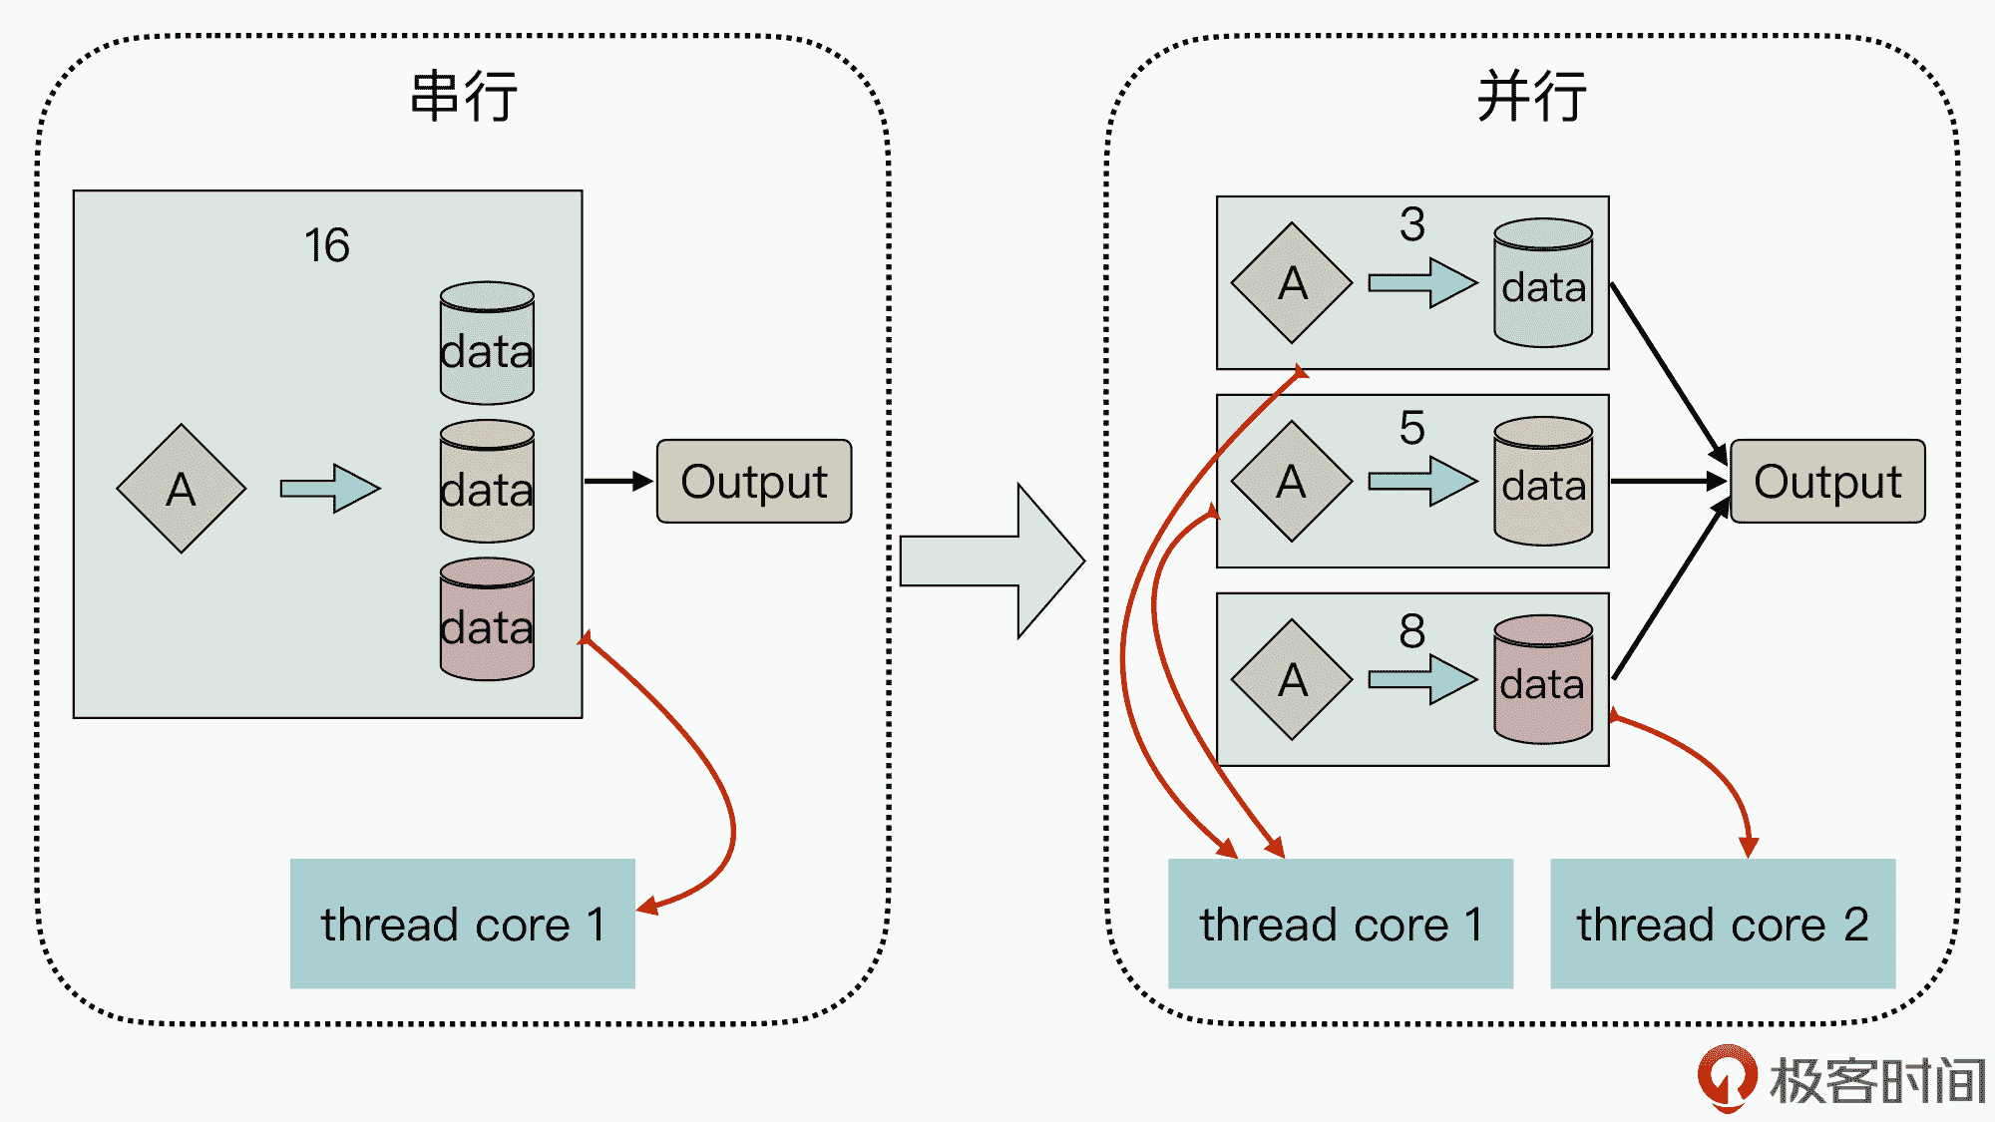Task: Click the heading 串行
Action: pyautogui.click(x=464, y=97)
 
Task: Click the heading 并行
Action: pyautogui.click(x=1531, y=97)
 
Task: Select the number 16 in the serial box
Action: pyautogui.click(x=327, y=245)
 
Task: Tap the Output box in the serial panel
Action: pyautogui.click(x=754, y=482)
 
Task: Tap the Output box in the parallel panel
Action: pyautogui.click(x=1827, y=482)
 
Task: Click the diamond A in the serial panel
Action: pyautogui.click(x=181, y=489)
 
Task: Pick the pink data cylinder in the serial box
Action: pyautogui.click(x=487, y=619)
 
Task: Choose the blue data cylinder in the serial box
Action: pyautogui.click(x=487, y=343)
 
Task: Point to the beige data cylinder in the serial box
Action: pyautogui.click(x=487, y=482)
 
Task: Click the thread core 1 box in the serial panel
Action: pyautogui.click(x=462, y=924)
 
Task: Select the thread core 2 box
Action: pyautogui.click(x=1723, y=924)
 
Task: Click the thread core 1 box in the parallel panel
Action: pyautogui.click(x=1340, y=924)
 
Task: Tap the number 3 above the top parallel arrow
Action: pyautogui.click(x=1411, y=224)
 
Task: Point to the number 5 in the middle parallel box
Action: pyautogui.click(x=1411, y=428)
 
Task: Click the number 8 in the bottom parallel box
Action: pyautogui.click(x=1411, y=631)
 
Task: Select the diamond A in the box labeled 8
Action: pyautogui.click(x=1292, y=680)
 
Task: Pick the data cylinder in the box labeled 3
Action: pyautogui.click(x=1543, y=283)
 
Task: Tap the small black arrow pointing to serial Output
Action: pyautogui.click(x=618, y=482)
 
